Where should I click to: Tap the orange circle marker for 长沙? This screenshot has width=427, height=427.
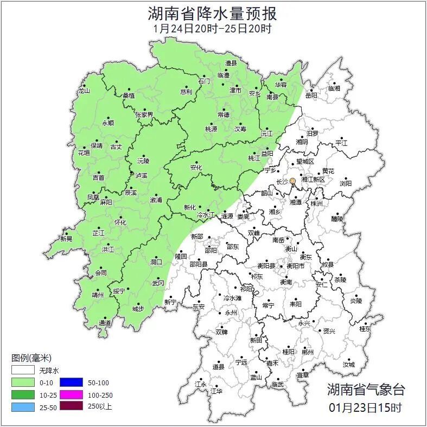[293, 181]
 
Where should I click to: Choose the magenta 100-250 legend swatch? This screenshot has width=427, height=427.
[71, 394]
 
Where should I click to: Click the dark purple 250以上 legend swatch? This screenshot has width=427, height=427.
[71, 406]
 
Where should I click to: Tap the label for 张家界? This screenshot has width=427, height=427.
[144, 115]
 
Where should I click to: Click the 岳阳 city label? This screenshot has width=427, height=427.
[311, 95]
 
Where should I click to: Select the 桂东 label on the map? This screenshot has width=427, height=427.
[366, 329]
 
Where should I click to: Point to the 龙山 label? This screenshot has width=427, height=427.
[83, 91]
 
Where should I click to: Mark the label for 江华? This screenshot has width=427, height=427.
[216, 391]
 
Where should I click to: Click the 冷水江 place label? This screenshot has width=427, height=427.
[206, 216]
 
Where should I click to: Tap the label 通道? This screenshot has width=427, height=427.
[105, 323]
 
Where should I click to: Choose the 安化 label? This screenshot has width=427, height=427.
[196, 168]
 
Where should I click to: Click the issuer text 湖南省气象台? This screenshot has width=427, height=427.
[366, 389]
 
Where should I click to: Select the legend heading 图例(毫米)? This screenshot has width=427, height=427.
[31, 358]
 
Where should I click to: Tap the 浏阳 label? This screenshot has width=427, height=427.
[346, 183]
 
